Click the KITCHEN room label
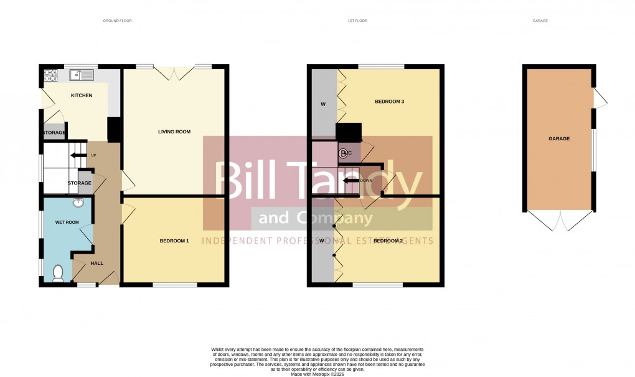click(82, 95)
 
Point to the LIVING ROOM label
click(174, 131)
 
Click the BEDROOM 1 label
click(174, 241)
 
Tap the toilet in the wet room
click(58, 273)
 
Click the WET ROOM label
click(67, 222)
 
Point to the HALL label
click(96, 263)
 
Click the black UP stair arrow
click(78, 155)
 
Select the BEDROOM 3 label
click(390, 101)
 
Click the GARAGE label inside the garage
click(559, 138)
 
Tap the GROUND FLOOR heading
click(118, 21)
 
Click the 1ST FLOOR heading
click(357, 21)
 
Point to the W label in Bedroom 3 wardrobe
click(323, 103)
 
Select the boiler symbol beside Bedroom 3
click(343, 152)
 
